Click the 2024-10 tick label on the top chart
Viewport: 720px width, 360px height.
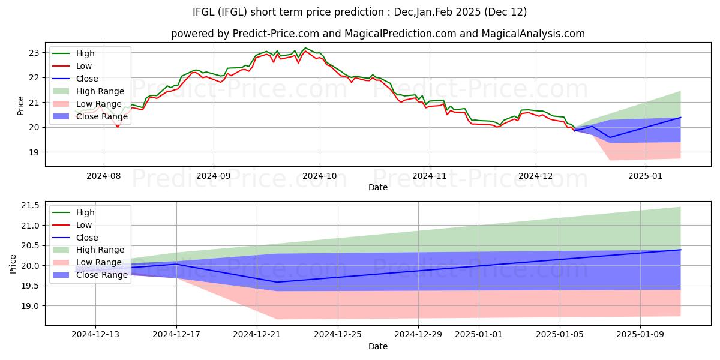point(319,176)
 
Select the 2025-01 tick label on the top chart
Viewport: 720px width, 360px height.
point(646,176)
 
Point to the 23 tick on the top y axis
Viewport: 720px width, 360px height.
point(35,53)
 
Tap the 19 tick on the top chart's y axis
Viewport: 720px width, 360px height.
point(35,152)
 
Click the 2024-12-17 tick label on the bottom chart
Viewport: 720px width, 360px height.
point(176,335)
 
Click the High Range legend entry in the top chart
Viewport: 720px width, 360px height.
point(100,91)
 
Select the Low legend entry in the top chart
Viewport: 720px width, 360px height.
point(84,66)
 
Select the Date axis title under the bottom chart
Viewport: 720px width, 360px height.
point(377,346)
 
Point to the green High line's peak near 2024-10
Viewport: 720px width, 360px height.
point(305,48)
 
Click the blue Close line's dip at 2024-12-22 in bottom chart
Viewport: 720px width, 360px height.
point(277,282)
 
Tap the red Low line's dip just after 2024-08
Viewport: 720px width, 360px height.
point(118,127)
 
